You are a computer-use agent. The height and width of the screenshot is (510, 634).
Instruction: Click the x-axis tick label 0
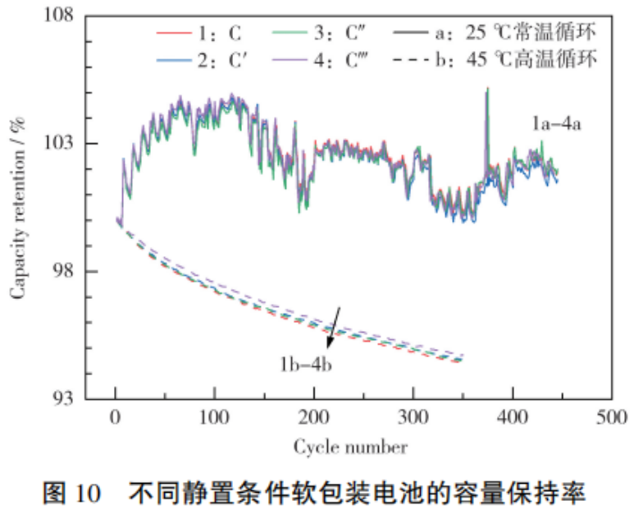[116, 417]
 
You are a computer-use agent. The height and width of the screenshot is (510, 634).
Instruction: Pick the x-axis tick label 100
[215, 417]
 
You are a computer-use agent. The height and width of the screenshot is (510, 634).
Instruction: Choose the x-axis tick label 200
[314, 417]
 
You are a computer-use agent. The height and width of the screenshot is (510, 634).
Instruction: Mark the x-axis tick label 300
[413, 417]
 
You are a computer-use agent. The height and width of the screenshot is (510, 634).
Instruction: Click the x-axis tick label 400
[513, 417]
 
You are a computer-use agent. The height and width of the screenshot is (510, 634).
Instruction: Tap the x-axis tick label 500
[612, 417]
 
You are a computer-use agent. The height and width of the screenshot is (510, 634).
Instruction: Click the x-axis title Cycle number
[350, 448]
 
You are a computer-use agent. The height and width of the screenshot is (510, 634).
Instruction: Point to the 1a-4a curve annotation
[554, 124]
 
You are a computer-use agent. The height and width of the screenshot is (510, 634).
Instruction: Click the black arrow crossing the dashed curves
[334, 326]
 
